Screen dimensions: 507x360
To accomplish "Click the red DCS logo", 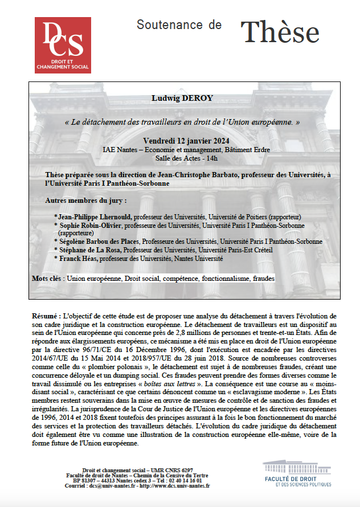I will tap(63, 45).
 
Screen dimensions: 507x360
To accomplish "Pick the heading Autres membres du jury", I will tap(85, 201).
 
